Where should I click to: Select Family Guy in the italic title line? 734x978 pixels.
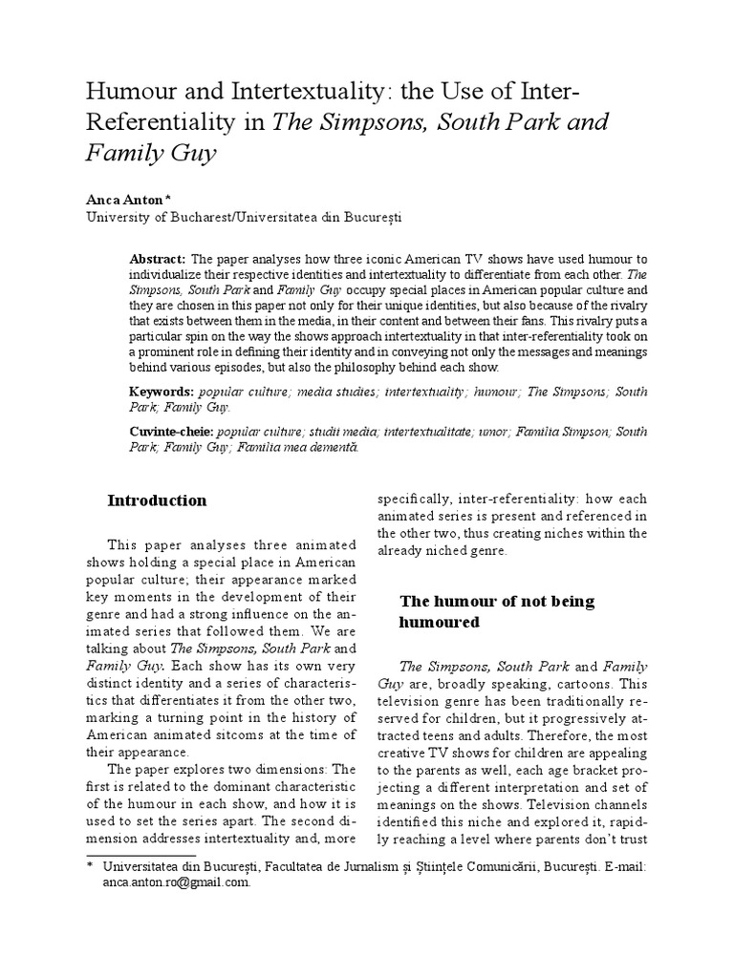151,153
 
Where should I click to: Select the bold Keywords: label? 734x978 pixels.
161,392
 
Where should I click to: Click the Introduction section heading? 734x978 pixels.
157,500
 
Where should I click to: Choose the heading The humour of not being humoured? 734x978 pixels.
496,611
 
